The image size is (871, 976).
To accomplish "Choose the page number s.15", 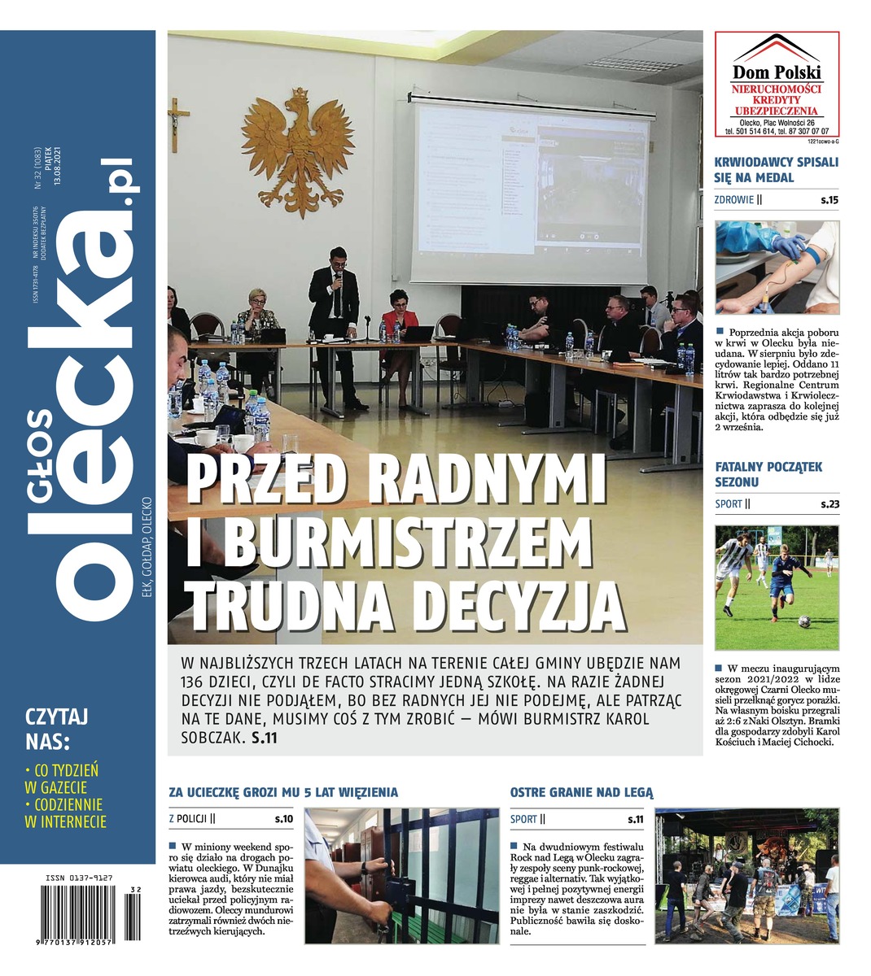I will (829, 200).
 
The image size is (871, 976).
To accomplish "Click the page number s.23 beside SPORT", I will (829, 504).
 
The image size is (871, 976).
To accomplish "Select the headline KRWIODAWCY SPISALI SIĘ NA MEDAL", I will (776, 169).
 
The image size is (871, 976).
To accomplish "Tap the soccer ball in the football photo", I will (803, 621).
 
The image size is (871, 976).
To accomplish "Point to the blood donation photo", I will (776, 268).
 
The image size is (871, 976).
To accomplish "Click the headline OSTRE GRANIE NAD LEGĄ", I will (581, 791).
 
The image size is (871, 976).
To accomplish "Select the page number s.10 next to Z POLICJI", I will (283, 819).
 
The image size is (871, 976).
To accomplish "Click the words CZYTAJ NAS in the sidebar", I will (57, 729).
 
